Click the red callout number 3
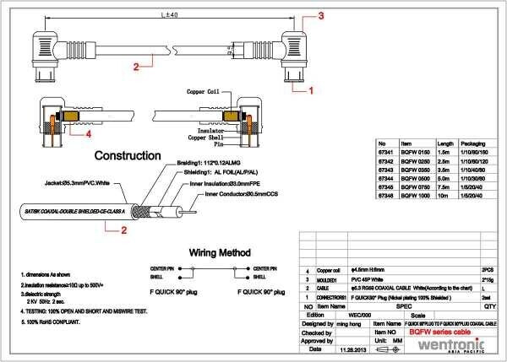coord(322,15)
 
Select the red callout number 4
coord(88,132)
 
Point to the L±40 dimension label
coord(168,16)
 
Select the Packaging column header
coord(477,143)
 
